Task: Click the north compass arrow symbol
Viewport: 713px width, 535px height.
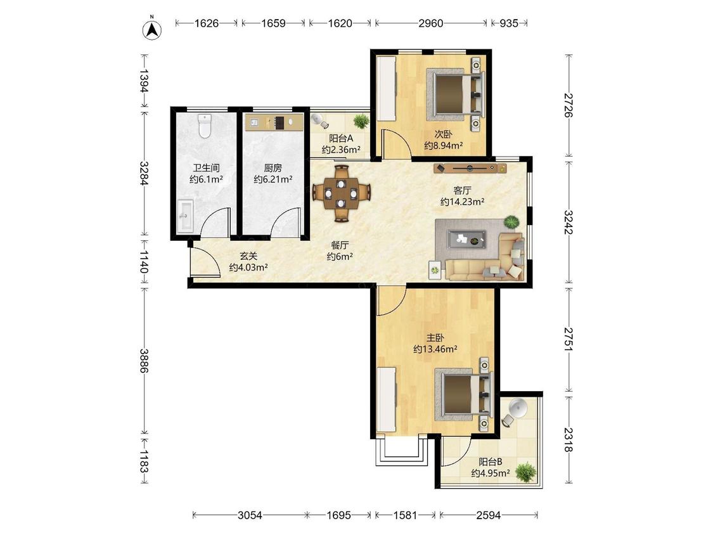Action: (152, 30)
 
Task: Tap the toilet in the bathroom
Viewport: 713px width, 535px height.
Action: (205, 126)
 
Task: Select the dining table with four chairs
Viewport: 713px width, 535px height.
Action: (342, 194)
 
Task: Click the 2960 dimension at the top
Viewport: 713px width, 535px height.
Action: (430, 23)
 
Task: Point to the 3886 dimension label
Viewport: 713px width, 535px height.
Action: (144, 360)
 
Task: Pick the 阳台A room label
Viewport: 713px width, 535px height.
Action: (341, 138)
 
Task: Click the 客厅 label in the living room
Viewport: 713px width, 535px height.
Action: (462, 190)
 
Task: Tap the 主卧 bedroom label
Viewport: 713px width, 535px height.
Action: (435, 338)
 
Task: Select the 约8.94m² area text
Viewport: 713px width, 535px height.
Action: (444, 146)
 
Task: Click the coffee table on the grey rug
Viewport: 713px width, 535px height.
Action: (466, 239)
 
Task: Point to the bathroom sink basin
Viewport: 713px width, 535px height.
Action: (184, 216)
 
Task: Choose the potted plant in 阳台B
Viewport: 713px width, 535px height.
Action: (525, 472)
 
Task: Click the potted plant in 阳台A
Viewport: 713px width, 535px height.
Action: (361, 121)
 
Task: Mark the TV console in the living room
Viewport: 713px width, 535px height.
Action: (470, 169)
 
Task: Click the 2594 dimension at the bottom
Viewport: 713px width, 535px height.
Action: (489, 515)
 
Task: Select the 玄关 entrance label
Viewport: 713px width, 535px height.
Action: (248, 257)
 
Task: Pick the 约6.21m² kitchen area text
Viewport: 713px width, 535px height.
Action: (273, 179)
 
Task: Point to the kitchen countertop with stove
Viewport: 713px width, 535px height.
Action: (274, 122)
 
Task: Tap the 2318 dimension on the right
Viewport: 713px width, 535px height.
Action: (568, 439)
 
